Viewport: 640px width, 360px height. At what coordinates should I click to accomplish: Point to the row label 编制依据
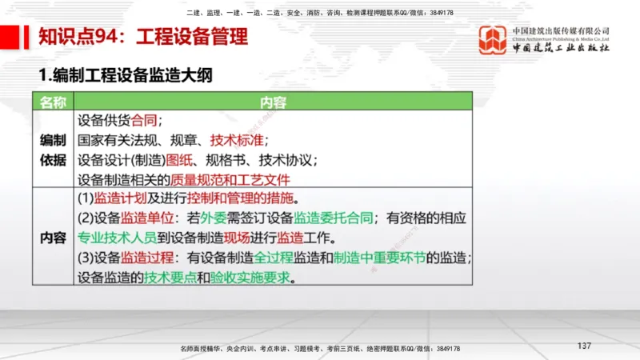[53, 150]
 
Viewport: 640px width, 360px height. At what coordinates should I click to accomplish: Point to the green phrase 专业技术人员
[118, 238]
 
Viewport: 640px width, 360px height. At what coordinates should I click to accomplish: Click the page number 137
[583, 346]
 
